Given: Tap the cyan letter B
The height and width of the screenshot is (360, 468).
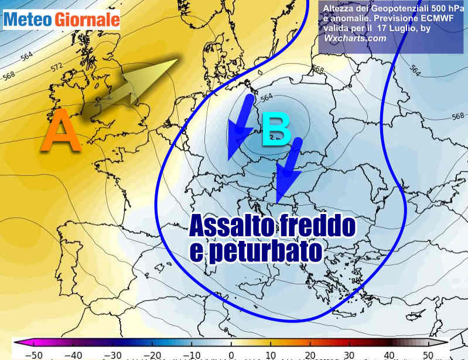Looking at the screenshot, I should point(276,130).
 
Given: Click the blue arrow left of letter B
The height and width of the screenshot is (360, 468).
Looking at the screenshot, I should point(240,128).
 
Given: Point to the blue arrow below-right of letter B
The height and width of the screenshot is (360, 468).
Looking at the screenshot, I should point(289,168).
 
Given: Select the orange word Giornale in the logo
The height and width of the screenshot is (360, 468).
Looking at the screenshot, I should point(87,20).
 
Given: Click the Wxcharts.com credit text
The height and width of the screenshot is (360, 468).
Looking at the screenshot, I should point(355,38).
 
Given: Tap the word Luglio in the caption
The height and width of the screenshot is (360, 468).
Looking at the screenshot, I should point(405,29).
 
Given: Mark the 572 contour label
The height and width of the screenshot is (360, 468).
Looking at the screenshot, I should point(57,67).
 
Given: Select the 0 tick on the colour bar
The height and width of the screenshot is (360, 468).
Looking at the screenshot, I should point(232,354).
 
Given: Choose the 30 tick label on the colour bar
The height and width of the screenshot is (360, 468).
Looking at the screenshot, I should point(349,354).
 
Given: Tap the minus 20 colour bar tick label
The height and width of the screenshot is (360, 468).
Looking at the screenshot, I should point(154,354).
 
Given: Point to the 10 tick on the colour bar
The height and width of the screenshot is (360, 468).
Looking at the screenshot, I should point(271,354).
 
